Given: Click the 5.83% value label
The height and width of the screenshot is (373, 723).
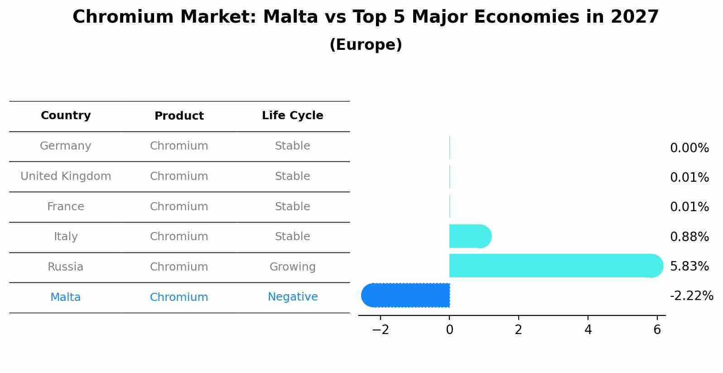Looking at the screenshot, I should pos(689,266).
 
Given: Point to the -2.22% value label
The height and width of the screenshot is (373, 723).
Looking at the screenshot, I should pos(691,296).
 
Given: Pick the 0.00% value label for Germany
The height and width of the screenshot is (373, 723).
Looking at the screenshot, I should pos(689,148).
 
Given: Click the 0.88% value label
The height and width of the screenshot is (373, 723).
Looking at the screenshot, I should pos(689,237).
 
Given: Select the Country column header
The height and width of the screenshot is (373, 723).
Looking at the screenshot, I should pos(66,116).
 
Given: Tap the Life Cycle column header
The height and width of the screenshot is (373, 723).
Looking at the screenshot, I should pos(292,116).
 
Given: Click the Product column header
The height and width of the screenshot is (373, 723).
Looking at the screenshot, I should pos(179,116).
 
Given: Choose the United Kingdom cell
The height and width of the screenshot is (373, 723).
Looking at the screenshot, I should pos(66,176).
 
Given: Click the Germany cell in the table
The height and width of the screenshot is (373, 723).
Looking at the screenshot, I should pos(66,146).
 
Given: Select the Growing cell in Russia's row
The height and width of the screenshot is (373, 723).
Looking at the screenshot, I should pos(292,267).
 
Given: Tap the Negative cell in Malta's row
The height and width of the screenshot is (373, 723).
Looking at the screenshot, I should pos(292,297).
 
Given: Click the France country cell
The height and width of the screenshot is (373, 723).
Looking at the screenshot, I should pos(66,207).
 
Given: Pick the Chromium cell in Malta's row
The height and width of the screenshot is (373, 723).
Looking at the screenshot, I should pos(179,297).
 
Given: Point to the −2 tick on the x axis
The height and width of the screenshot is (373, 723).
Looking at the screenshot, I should pos(381,330).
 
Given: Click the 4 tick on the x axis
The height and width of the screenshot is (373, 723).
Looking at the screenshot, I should pos(588,330).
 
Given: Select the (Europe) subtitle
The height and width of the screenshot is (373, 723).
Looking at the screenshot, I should pos(366,45).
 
